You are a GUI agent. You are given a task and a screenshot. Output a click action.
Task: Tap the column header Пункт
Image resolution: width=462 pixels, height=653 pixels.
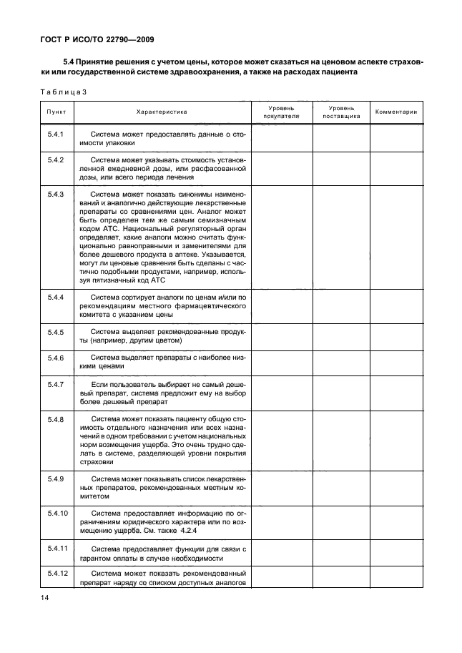tap(56, 112)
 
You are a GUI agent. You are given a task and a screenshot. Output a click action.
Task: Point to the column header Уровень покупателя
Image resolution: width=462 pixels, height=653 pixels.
tap(281, 112)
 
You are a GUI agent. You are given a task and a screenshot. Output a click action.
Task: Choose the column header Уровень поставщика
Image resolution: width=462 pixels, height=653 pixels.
tap(341, 112)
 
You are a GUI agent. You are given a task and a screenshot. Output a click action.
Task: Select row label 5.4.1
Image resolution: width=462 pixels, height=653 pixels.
tap(56, 134)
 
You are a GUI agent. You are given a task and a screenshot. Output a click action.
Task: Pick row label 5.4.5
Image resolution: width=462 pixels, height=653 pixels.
tap(56, 333)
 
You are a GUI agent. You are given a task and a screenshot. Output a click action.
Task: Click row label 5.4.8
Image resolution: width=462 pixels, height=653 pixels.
tap(56, 420)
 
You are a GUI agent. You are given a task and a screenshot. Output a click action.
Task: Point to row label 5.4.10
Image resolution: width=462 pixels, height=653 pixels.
tap(56, 514)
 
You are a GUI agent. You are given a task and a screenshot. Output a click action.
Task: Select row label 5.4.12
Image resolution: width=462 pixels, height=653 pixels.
tap(56, 574)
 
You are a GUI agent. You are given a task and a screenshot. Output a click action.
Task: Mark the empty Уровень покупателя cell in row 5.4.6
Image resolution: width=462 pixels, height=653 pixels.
tap(281, 361)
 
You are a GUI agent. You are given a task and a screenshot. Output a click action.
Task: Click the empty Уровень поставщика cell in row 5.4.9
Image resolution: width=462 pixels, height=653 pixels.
tap(341, 486)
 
